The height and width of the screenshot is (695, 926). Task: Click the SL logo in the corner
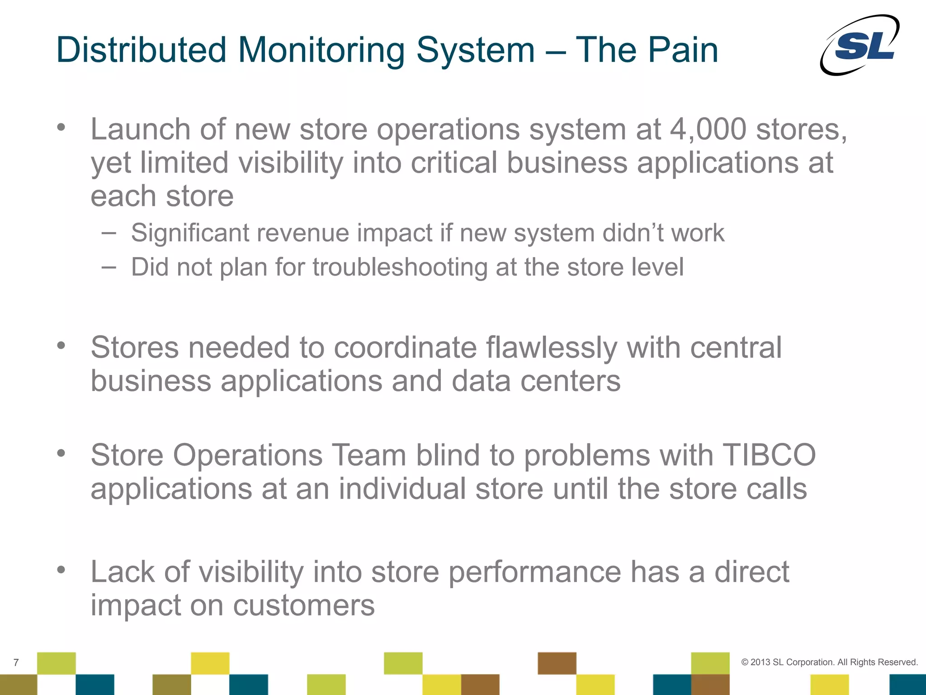(860, 45)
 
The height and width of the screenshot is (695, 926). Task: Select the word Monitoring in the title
(321, 51)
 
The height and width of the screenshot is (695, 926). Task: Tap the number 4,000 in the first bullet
(708, 129)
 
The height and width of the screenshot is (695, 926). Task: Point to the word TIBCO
(769, 455)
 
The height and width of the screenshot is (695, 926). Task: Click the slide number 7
(16, 663)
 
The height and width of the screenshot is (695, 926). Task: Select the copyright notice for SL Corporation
(829, 662)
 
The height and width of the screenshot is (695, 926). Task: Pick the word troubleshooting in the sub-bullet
(400, 267)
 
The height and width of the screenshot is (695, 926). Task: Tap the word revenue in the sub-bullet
(305, 233)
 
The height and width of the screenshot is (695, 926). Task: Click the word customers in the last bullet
(303, 605)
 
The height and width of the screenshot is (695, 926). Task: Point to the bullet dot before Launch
(61, 127)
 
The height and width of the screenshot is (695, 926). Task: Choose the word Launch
(140, 129)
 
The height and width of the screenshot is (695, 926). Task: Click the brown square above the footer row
(557, 663)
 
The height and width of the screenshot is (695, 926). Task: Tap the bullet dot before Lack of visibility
(61, 570)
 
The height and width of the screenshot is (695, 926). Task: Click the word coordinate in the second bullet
(405, 348)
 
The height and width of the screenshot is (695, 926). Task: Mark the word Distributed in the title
(141, 50)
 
